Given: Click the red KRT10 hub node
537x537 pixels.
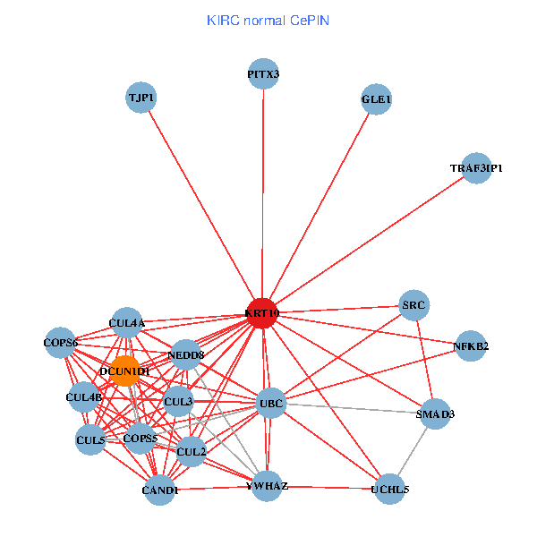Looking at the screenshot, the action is (x=261, y=313).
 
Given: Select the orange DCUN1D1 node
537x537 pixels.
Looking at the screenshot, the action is (x=125, y=371).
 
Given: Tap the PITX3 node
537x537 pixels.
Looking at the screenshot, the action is (x=263, y=74).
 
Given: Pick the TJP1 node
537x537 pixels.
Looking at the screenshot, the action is (x=141, y=98).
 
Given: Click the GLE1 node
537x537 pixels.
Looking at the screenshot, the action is (x=376, y=99).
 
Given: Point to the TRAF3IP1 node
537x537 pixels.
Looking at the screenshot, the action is (x=476, y=168).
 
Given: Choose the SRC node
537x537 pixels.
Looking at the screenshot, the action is (x=413, y=305).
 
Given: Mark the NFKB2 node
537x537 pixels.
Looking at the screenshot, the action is (x=471, y=345).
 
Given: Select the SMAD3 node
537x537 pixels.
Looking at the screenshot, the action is (x=435, y=414).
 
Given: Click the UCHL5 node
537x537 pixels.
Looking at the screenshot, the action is (x=389, y=489).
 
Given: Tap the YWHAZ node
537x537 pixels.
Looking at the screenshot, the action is (x=267, y=486).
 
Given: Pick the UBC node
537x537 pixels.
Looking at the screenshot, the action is (x=270, y=404).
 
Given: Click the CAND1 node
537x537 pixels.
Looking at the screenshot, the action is (x=160, y=490).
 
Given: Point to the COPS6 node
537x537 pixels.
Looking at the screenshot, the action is (x=62, y=343).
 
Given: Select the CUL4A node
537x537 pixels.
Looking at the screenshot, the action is (x=126, y=323).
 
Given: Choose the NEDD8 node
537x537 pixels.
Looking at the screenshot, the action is (x=186, y=355).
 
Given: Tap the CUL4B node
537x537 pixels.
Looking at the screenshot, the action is (x=83, y=396).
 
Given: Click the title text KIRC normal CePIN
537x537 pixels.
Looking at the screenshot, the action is (x=268, y=20).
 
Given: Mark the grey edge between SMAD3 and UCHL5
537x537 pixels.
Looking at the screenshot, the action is (x=413, y=451).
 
